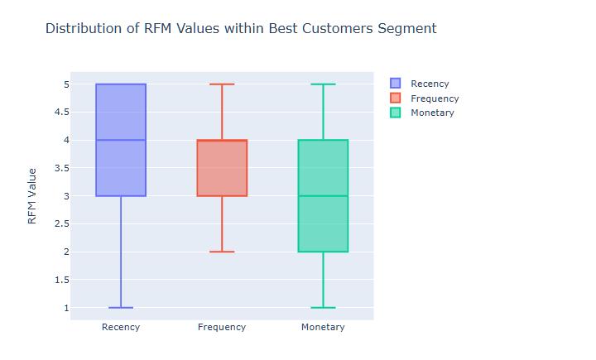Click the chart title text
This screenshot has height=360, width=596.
(x=240, y=29)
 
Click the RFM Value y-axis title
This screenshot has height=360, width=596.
(x=32, y=196)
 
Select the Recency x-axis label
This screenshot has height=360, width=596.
(x=121, y=327)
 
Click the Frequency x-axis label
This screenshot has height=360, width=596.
(x=222, y=327)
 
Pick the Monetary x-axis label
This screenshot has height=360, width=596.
(x=323, y=327)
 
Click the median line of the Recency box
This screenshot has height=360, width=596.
(x=121, y=140)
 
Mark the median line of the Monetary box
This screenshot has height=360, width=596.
(x=323, y=196)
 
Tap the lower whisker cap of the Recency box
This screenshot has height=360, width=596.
(x=121, y=308)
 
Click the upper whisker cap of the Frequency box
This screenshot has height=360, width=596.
(x=222, y=84)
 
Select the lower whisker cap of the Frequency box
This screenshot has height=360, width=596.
(x=222, y=252)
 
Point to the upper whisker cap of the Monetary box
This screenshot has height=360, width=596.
(x=323, y=84)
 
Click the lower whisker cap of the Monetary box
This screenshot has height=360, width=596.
(x=323, y=308)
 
